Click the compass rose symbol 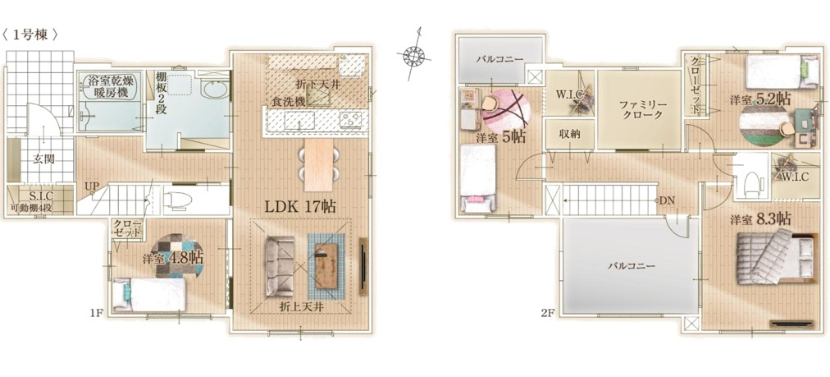tap(414, 54)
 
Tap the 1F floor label tap(96, 313)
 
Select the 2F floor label tap(547, 313)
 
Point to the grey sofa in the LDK tap(280, 265)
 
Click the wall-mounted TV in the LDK tap(363, 266)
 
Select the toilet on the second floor tap(750, 183)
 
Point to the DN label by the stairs tap(667, 201)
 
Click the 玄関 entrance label tap(43, 158)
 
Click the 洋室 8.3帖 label tap(760, 218)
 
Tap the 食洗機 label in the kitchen tap(283, 102)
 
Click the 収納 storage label tap(569, 134)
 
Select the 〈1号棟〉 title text tap(30, 35)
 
